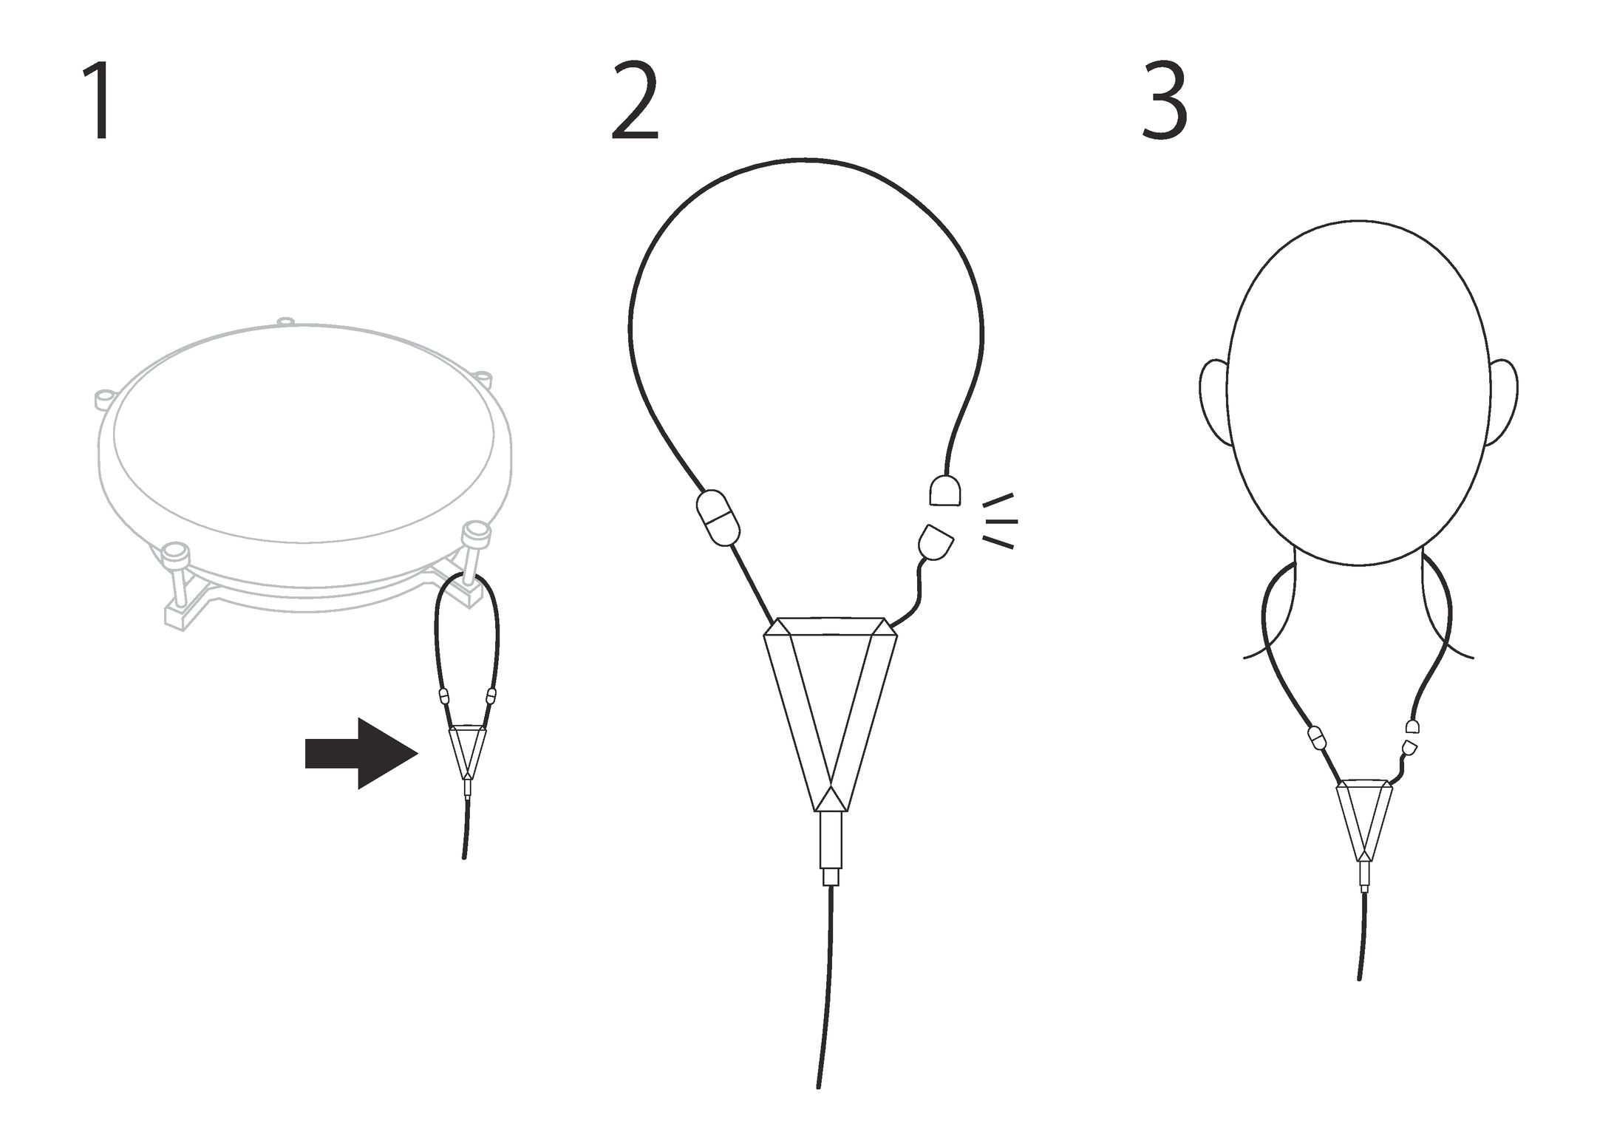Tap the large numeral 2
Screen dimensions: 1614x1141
[x=634, y=101]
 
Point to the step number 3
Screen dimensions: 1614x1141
[x=1165, y=101]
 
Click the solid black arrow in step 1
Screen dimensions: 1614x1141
[x=361, y=753]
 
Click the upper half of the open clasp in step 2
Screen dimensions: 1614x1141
[x=944, y=491]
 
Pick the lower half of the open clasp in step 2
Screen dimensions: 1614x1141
[x=936, y=542]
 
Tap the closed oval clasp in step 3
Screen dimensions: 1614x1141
[x=1318, y=738]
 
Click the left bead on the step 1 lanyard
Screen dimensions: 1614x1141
[x=444, y=696]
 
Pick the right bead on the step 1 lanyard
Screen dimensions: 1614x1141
[x=491, y=695]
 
